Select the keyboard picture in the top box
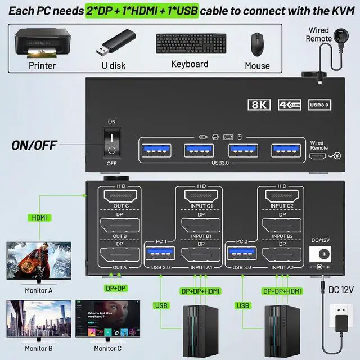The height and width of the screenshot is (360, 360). [x=191, y=44]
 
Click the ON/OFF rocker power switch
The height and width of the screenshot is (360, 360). [x=112, y=143]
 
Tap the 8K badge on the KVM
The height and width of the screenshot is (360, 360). [x=259, y=105]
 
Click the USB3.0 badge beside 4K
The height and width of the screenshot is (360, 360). [x=321, y=105]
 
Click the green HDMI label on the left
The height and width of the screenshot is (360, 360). [x=40, y=217]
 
